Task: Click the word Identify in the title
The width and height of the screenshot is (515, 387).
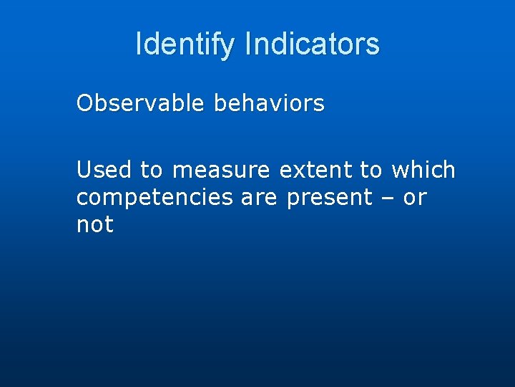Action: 185,44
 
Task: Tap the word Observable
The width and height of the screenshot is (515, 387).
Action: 139,104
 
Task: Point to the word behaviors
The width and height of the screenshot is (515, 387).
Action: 269,104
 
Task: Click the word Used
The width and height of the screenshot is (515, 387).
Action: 104,170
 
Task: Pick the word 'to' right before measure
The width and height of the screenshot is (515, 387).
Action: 151,170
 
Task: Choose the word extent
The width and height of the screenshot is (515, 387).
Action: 315,170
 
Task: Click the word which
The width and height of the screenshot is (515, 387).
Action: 423,170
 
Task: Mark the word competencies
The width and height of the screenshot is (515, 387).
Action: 154,197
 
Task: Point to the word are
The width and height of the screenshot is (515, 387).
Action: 259,197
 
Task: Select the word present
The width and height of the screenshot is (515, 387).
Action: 330,197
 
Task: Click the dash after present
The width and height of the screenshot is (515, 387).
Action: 388,198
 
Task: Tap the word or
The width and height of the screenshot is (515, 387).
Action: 415,197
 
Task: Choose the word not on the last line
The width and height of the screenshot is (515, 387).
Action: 95,224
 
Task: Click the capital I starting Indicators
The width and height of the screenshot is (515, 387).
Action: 247,44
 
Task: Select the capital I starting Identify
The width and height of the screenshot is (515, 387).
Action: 139,44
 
